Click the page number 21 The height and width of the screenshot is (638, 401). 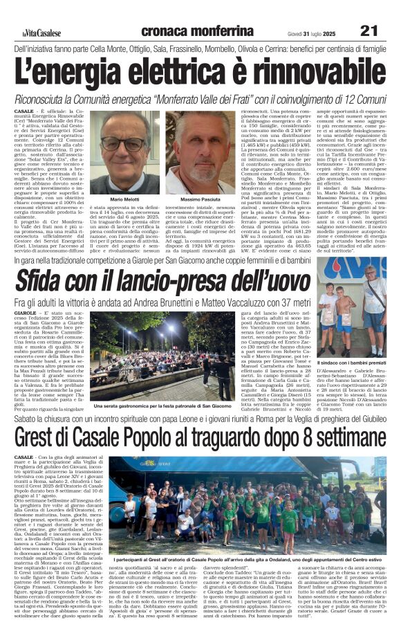click(369, 30)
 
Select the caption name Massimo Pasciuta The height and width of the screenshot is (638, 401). click(200, 199)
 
